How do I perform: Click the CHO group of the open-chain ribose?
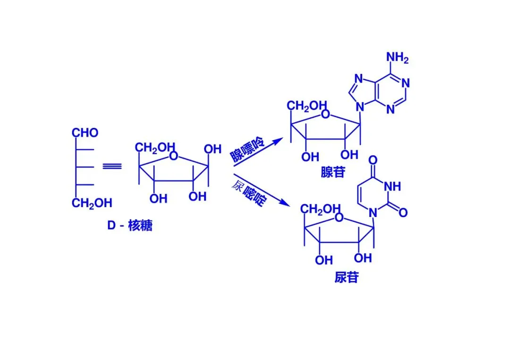85,133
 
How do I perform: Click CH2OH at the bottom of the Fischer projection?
92,203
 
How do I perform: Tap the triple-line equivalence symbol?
112,166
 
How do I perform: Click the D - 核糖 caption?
129,226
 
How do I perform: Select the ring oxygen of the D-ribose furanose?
174,156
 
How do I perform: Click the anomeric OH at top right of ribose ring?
212,150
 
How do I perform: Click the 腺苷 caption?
333,172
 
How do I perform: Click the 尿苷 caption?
346,277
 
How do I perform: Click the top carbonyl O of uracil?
373,159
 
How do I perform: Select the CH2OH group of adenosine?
307,106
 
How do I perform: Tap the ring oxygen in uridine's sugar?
339,218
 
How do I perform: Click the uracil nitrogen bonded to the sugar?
373,213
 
